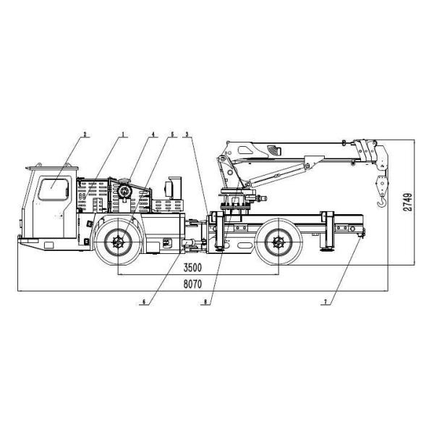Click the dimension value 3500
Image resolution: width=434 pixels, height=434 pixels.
coord(192,268)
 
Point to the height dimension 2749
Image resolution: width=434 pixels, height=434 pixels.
coord(408,201)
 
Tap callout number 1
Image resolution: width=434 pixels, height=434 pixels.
coord(124,134)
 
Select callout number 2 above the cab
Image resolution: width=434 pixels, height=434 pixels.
coord(85,134)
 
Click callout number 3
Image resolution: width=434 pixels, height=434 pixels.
coord(187,134)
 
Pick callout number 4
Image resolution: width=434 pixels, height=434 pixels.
coord(153,134)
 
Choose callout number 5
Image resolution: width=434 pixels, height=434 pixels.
coord(172,134)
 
